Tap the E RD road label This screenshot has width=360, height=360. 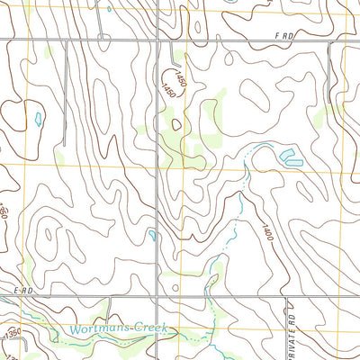22,290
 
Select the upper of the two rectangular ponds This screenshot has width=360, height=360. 290,155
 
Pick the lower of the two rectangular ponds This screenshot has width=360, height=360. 293,163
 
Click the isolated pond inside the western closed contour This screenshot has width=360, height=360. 37,118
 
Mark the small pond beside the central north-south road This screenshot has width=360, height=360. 153,235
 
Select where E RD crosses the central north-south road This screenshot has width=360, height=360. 158,295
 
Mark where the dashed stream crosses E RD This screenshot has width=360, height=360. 210,295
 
